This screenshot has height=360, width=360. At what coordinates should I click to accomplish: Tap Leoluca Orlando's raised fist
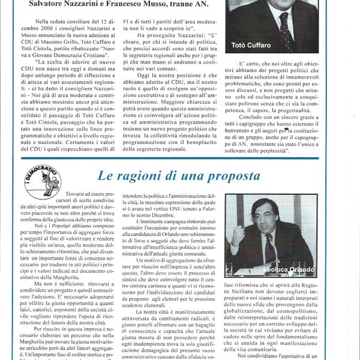tap(238, 238)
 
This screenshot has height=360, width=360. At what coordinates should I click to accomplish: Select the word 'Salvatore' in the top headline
tap(49, 5)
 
